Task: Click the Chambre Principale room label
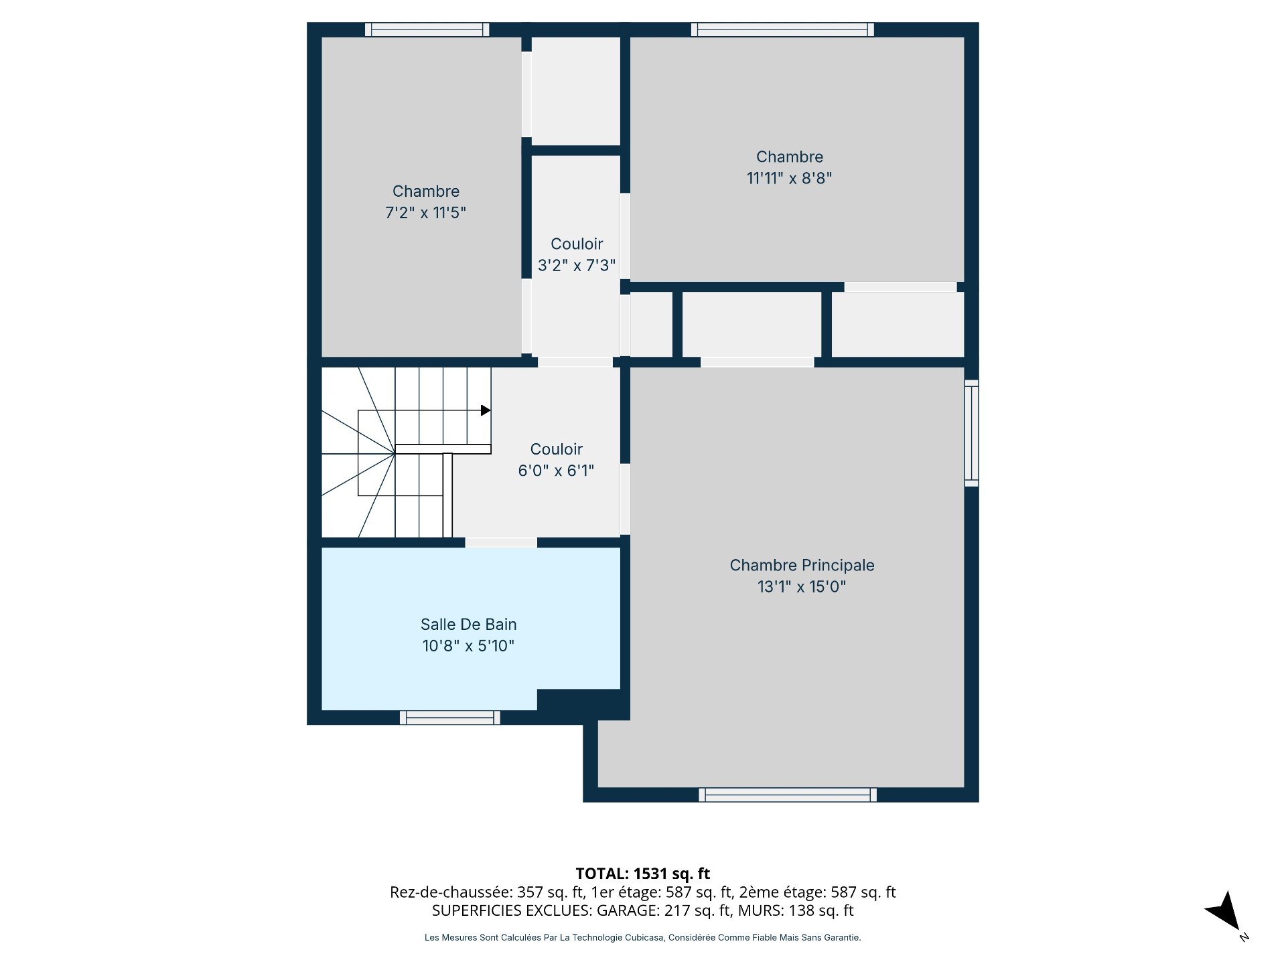pyautogui.click(x=802, y=566)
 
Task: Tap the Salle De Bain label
pyautogui.click(x=468, y=625)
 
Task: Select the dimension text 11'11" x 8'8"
pyautogui.click(x=790, y=178)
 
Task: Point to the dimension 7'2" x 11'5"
pyautogui.click(x=425, y=213)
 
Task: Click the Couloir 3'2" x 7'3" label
pyautogui.click(x=577, y=254)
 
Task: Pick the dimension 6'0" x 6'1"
pyautogui.click(x=556, y=471)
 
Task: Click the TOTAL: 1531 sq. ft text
pyautogui.click(x=643, y=874)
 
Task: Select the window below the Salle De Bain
pyautogui.click(x=450, y=718)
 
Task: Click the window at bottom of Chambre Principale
pyautogui.click(x=788, y=795)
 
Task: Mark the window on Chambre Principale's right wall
pyautogui.click(x=971, y=433)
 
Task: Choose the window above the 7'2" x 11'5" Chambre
pyautogui.click(x=427, y=29)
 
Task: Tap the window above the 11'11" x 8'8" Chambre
pyautogui.click(x=782, y=29)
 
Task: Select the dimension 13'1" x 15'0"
pyautogui.click(x=802, y=587)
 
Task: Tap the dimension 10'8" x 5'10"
pyautogui.click(x=468, y=646)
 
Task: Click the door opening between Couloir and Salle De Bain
pyautogui.click(x=501, y=542)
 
